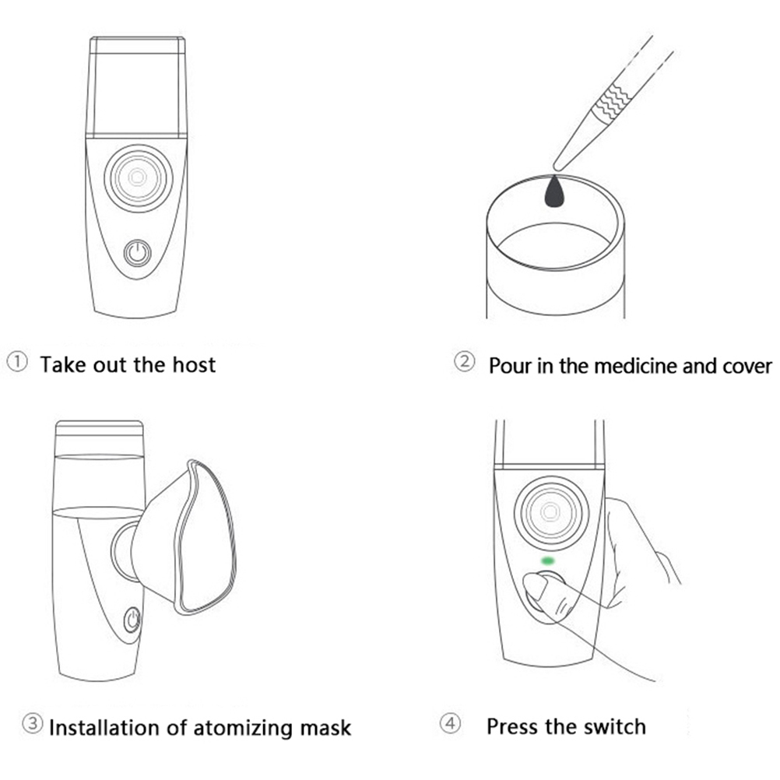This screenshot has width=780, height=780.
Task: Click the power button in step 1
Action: click(138, 254)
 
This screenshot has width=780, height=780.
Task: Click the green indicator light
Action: click(548, 560)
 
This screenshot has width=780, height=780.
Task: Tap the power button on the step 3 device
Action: click(132, 620)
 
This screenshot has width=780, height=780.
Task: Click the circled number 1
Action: click(18, 363)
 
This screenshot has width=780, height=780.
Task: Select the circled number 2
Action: click(464, 363)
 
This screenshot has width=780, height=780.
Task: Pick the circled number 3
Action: click(33, 724)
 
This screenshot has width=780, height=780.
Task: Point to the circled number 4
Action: click(451, 725)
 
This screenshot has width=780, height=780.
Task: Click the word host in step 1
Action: click(191, 364)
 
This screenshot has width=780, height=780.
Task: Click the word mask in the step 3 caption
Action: click(324, 728)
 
